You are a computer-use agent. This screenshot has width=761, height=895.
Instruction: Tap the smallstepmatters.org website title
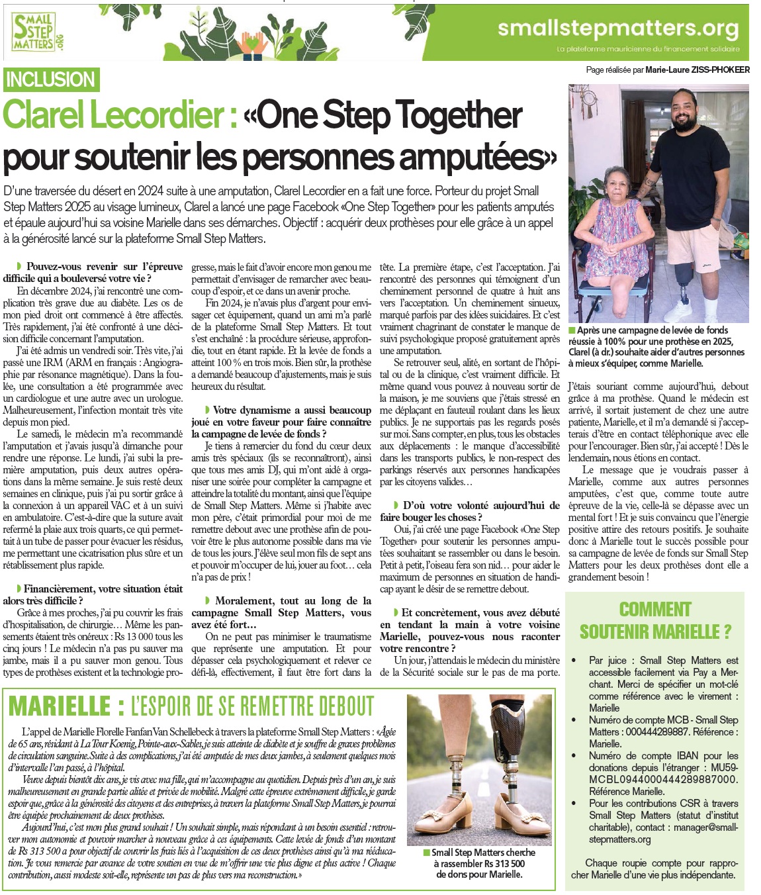click(617, 28)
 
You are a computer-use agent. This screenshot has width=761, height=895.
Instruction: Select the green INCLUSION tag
click(50, 79)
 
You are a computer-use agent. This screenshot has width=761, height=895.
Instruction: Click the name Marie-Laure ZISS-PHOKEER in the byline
click(697, 70)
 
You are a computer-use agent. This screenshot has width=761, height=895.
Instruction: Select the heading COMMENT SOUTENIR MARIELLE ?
click(655, 620)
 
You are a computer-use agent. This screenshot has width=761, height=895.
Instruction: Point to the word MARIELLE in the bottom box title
click(60, 706)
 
